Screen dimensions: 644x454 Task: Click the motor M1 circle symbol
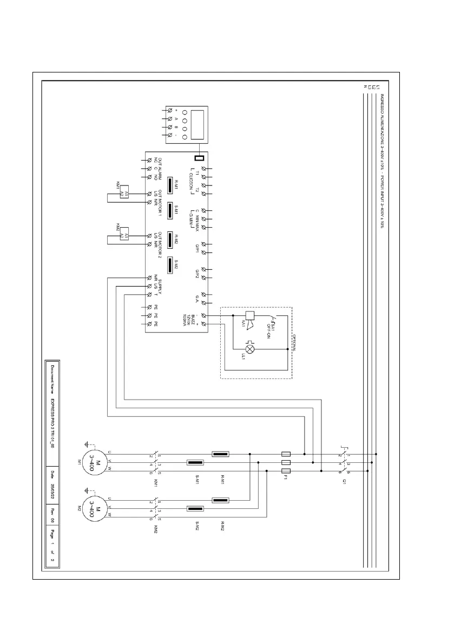(91, 463)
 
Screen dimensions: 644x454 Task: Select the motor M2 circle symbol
(91, 509)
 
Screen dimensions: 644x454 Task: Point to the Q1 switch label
(344, 484)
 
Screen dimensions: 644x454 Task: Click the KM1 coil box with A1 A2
(125, 194)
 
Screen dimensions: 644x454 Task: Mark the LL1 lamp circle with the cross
(250, 350)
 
